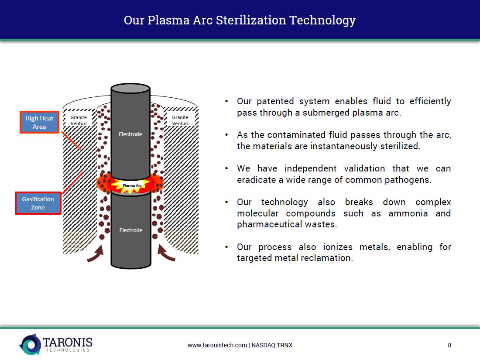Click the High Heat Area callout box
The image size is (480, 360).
(39, 122)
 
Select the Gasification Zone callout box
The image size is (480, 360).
(38, 203)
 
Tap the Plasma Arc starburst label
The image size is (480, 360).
(132, 185)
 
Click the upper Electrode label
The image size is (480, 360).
(130, 134)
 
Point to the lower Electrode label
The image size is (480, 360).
(131, 230)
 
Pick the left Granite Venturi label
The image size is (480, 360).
(79, 120)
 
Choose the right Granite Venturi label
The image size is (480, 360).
(180, 120)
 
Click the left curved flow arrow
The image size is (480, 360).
(96, 254)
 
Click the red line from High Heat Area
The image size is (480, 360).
(71, 141)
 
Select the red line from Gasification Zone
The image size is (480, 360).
(73, 183)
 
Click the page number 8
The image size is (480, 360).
(449, 345)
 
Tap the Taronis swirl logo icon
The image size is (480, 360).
(30, 345)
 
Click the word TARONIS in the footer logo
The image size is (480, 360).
(68, 342)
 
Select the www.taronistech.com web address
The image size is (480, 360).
(217, 345)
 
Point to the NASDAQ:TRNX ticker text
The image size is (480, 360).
(272, 345)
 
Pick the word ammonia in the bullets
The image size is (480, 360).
(408, 213)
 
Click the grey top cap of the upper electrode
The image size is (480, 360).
(130, 88)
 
